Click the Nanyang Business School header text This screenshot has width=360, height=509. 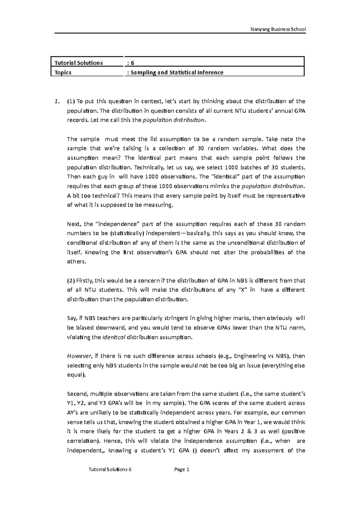[278, 29]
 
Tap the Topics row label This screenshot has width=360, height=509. [63, 72]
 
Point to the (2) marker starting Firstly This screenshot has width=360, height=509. [71, 281]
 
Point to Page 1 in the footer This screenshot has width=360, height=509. [182, 470]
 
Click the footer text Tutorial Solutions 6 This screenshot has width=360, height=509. [110, 470]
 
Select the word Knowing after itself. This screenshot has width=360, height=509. [97, 252]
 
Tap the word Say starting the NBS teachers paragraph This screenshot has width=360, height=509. [72, 318]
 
